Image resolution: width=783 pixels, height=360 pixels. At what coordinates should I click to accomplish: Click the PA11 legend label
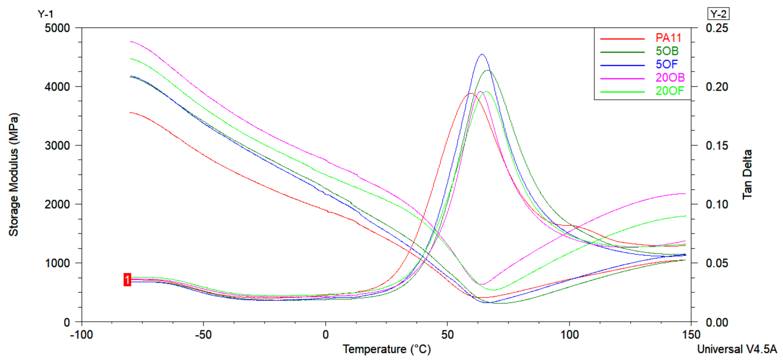click(x=668, y=38)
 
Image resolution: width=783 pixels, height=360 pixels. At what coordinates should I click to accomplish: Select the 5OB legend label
click(x=667, y=51)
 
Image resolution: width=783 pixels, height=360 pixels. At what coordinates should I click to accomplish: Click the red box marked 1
click(x=127, y=280)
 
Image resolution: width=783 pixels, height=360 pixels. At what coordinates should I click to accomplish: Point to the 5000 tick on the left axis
click(x=57, y=28)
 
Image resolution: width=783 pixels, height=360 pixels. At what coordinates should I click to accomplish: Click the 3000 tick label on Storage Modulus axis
click(x=57, y=145)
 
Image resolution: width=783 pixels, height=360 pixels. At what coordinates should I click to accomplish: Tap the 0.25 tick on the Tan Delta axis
click(x=717, y=28)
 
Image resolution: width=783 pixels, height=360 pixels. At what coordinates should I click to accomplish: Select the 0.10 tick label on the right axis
click(x=717, y=204)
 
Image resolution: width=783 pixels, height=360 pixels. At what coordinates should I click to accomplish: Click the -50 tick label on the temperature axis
click(x=203, y=335)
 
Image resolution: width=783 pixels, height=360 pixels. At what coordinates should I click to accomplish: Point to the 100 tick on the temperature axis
click(x=569, y=335)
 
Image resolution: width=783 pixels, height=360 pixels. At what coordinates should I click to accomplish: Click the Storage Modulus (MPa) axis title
click(x=14, y=175)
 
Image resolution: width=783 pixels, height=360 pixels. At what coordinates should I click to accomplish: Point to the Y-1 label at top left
click(x=45, y=14)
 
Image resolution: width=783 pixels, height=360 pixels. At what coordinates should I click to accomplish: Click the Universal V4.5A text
click(x=737, y=349)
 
